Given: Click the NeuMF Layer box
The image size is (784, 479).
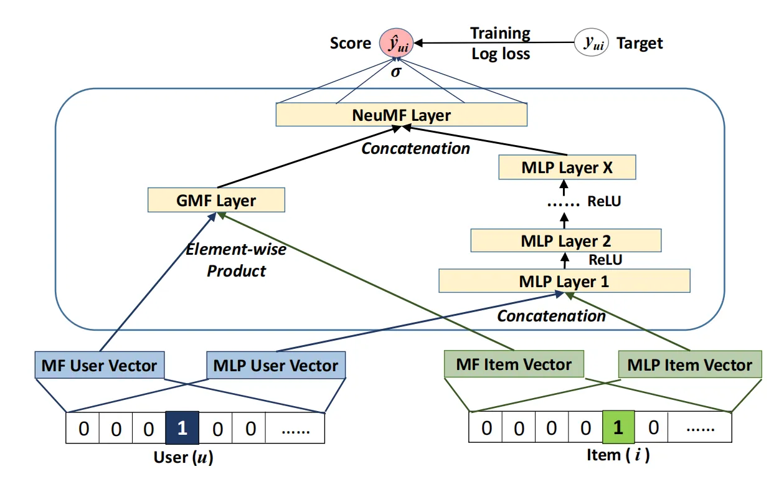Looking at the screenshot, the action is pyautogui.click(x=402, y=115).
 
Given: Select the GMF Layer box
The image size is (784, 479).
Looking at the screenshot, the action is pyautogui.click(x=216, y=200).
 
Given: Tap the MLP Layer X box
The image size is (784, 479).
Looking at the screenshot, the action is pyautogui.click(x=567, y=167).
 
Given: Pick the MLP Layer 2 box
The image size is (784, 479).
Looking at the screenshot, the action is pyautogui.click(x=566, y=240).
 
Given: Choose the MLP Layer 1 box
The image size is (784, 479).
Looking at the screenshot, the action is pyautogui.click(x=565, y=281).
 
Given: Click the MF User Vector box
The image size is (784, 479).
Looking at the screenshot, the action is pyautogui.click(x=100, y=365).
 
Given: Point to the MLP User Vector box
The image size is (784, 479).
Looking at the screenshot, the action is pyautogui.click(x=276, y=365).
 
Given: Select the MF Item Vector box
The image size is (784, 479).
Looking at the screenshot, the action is pyautogui.click(x=514, y=364).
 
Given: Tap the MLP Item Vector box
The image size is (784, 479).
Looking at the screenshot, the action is pyautogui.click(x=690, y=364).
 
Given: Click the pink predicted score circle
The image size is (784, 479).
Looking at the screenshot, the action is pyautogui.click(x=397, y=43).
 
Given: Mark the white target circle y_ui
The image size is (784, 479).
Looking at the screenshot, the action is pyautogui.click(x=592, y=42).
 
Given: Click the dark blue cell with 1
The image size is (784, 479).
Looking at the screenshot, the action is pyautogui.click(x=182, y=427).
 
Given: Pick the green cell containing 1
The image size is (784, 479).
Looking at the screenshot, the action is pyautogui.click(x=618, y=427).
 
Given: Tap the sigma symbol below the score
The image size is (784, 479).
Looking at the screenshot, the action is pyautogui.click(x=396, y=72).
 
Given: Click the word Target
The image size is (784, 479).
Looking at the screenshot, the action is pyautogui.click(x=640, y=44).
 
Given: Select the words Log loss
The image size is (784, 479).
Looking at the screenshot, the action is pyautogui.click(x=501, y=54).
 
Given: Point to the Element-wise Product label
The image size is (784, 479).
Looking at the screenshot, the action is pyautogui.click(x=236, y=260).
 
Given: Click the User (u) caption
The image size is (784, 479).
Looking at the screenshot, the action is pyautogui.click(x=184, y=457).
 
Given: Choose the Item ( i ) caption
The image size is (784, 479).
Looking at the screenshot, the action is pyautogui.click(x=618, y=455).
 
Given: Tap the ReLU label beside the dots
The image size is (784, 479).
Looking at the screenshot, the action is pyautogui.click(x=604, y=201).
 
